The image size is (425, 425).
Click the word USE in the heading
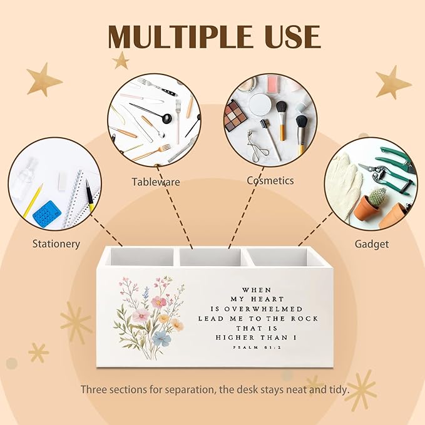point(293,36)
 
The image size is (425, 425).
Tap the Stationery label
point(56,244)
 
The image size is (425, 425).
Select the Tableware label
point(156,182)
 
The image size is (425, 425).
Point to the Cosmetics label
point(270,180)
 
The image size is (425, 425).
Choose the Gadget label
point(372,244)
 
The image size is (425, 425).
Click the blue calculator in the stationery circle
point(47,215)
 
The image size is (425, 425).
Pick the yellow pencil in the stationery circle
point(33,201)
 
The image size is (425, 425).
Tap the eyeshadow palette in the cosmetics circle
point(235,115)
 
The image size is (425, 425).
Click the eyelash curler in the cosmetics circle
point(257,148)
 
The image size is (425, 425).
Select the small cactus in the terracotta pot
point(377,197)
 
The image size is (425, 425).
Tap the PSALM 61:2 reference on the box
point(257,347)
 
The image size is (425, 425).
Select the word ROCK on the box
point(304,319)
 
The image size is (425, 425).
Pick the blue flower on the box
point(161,338)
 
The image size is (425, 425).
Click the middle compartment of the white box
point(210,257)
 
